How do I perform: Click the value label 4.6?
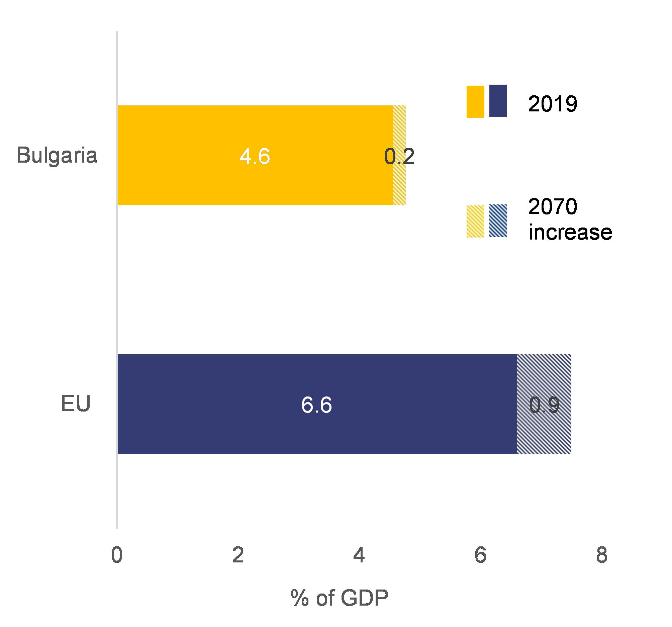coord(255,157)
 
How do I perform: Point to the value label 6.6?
coord(316,405)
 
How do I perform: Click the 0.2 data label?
coord(399,157)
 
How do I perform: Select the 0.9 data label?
coord(544,405)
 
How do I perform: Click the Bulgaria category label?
coord(57,156)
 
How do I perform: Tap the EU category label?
coord(76,404)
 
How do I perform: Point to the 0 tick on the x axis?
coord(117,556)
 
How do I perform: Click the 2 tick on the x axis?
coord(238,556)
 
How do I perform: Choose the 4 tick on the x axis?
coord(359,556)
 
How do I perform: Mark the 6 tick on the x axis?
coord(480,556)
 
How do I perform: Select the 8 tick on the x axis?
coord(602,556)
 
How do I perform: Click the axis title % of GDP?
coord(339,598)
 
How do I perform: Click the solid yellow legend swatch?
coord(475,101)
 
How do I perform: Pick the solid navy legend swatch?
coord(498,101)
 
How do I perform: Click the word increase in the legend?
coord(570,232)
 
